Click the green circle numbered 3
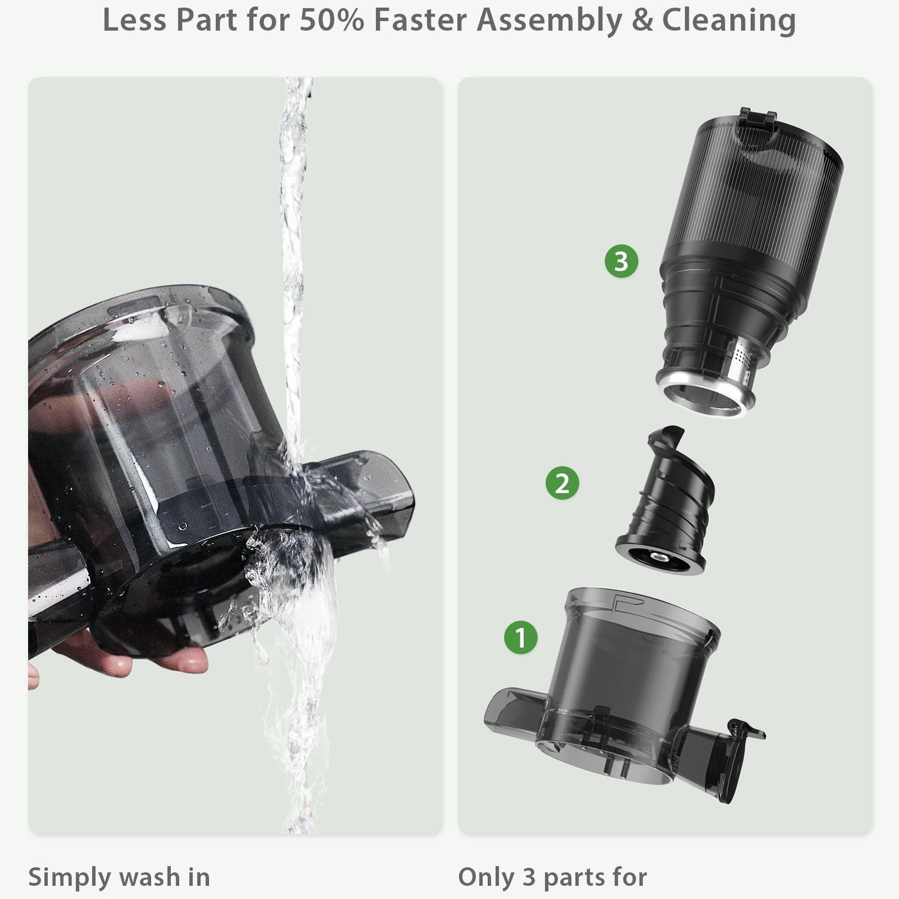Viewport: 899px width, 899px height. pyautogui.click(x=622, y=261)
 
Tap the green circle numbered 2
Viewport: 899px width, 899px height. pyautogui.click(x=562, y=482)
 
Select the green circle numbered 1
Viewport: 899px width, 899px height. pyautogui.click(x=520, y=636)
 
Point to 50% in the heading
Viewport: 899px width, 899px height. pyautogui.click(x=331, y=20)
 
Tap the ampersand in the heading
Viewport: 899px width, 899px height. pyautogui.click(x=642, y=20)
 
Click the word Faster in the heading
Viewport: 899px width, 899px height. pyautogui.click(x=420, y=20)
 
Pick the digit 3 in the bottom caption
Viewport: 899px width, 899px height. pyautogui.click(x=529, y=877)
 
